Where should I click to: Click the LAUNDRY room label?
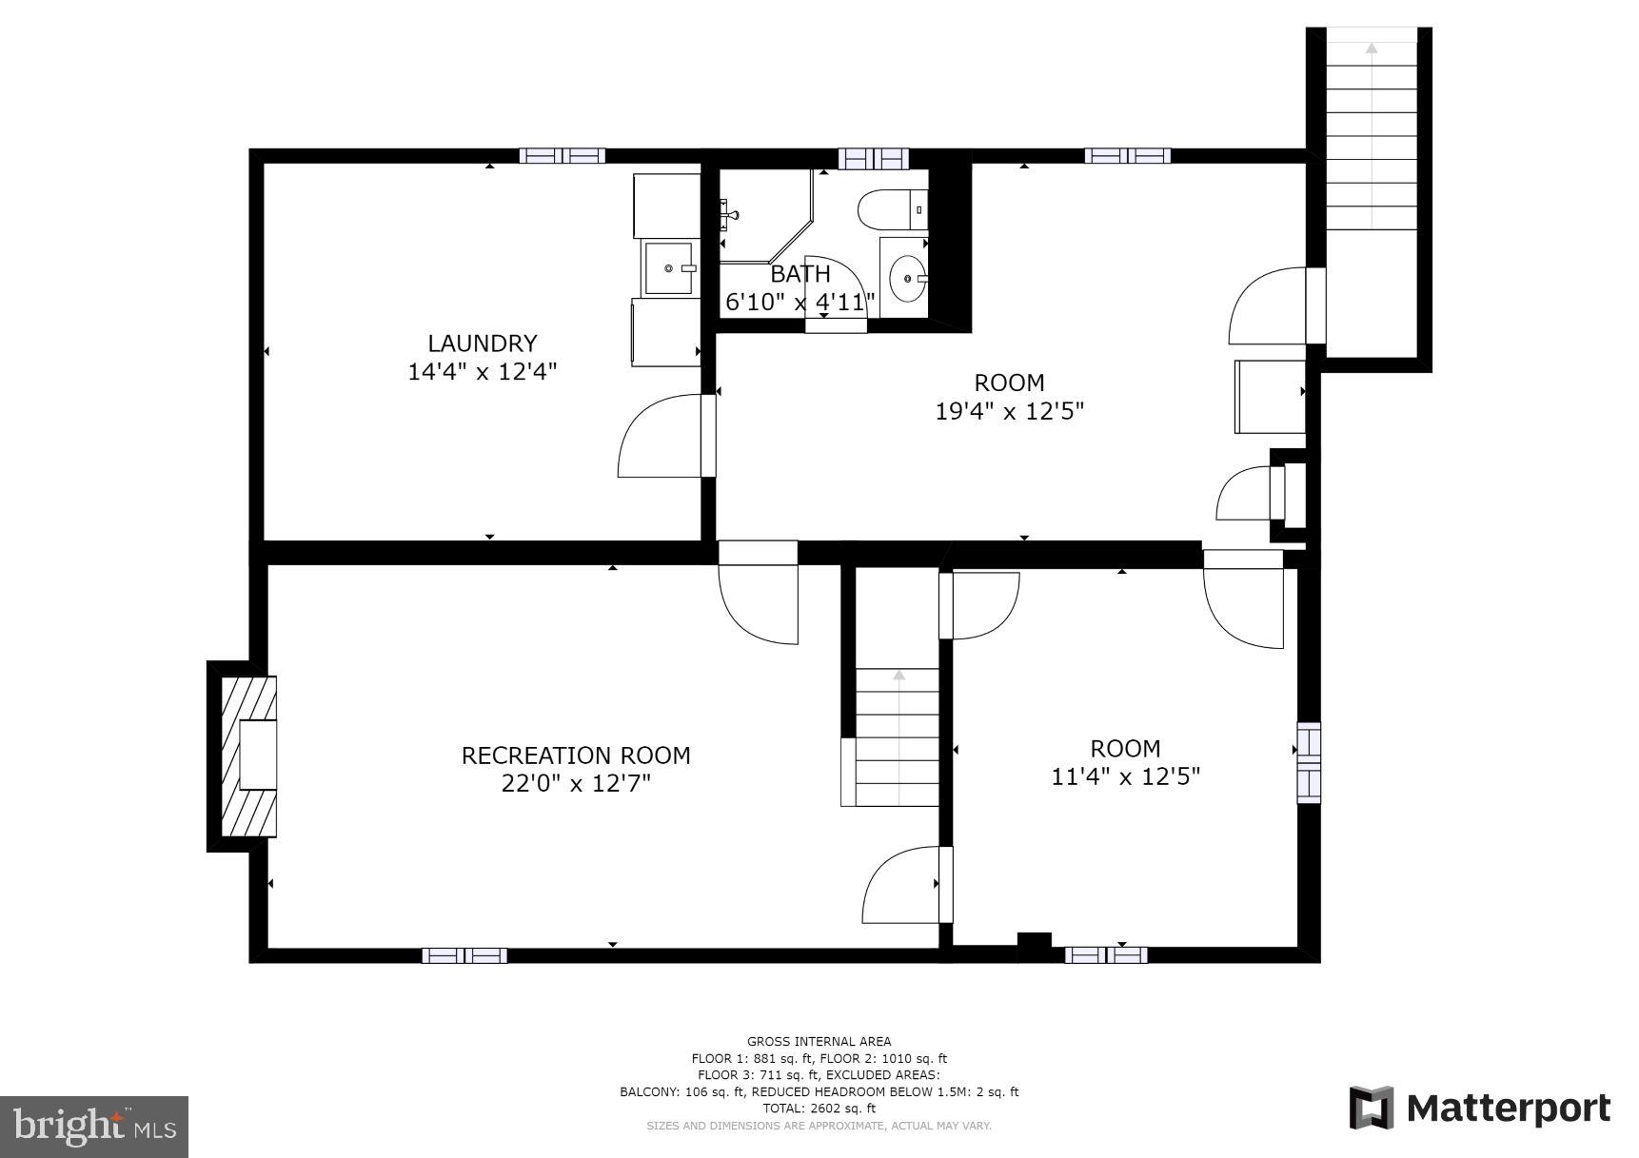tap(482, 343)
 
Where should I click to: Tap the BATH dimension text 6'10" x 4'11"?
tap(800, 303)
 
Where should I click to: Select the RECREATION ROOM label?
tap(576, 756)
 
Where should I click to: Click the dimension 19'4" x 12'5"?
tap(1009, 411)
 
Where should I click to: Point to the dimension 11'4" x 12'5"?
tap(1125, 776)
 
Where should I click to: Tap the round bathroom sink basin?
tap(907, 279)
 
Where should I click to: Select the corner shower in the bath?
tap(761, 214)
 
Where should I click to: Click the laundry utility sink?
tap(670, 268)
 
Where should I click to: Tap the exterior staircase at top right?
tap(1371, 133)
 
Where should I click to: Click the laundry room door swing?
tap(662, 438)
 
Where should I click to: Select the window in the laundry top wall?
tap(562, 155)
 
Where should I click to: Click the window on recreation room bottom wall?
tap(464, 955)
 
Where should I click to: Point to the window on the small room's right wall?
tap(1309, 762)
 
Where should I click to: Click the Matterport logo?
tap(1480, 1109)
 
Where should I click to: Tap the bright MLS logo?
tap(93, 1127)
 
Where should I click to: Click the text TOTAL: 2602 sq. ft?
tap(819, 1109)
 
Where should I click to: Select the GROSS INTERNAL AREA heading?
tap(819, 1041)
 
